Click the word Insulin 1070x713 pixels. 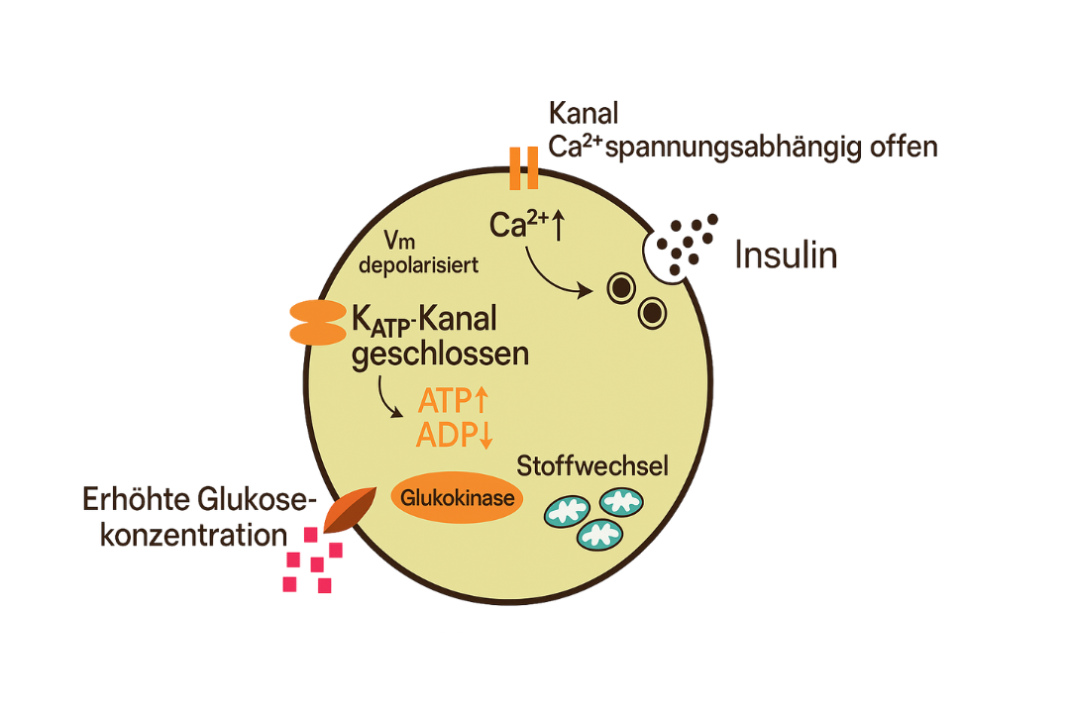pos(786,255)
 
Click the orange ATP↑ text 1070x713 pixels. pos(454,401)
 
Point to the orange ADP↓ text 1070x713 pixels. pos(455,435)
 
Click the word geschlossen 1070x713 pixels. pos(440,353)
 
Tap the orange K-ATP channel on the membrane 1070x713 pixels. pos(316,324)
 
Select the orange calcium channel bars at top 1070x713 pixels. pos(524,167)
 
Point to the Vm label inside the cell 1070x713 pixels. pos(396,241)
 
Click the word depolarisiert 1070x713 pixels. pos(420,264)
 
